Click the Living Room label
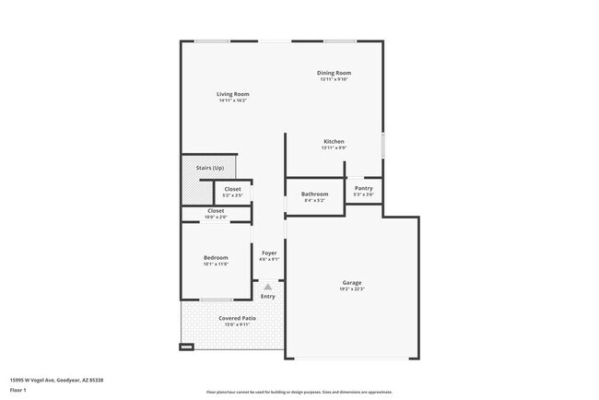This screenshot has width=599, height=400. click(x=233, y=94)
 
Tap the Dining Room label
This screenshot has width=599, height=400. click(x=335, y=73)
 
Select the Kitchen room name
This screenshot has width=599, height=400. click(x=334, y=141)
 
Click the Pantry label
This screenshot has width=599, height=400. click(x=364, y=188)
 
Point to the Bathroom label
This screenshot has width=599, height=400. click(x=314, y=194)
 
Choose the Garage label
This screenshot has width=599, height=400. click(x=352, y=283)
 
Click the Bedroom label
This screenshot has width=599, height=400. click(x=216, y=257)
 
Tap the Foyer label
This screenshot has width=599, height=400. click(x=269, y=253)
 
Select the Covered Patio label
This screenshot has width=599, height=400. click(x=237, y=318)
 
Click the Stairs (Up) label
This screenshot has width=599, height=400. click(x=210, y=168)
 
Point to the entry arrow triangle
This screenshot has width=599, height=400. click(x=268, y=287)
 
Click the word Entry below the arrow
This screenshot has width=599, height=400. click(x=268, y=297)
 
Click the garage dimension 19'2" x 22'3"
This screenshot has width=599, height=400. click(x=352, y=289)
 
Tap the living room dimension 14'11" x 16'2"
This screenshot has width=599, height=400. click(x=233, y=100)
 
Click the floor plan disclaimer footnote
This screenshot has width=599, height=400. click(x=299, y=392)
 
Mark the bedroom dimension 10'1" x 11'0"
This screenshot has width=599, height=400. click(x=216, y=264)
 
